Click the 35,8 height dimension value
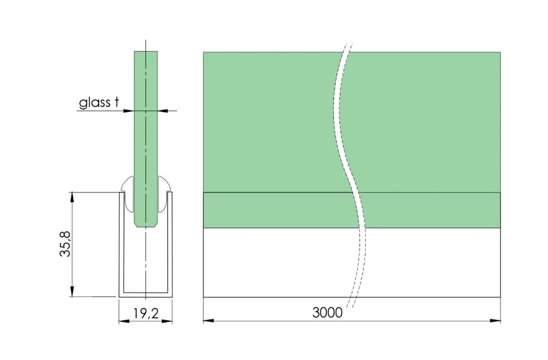coord(65,243)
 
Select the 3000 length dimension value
coord(327,313)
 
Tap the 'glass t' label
coord(99,103)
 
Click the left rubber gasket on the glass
coord(127,193)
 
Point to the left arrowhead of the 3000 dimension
coord(208,320)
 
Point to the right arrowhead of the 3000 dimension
coord(495,320)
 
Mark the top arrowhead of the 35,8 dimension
coord(72,197)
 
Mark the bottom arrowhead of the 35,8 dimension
coord(72,291)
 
